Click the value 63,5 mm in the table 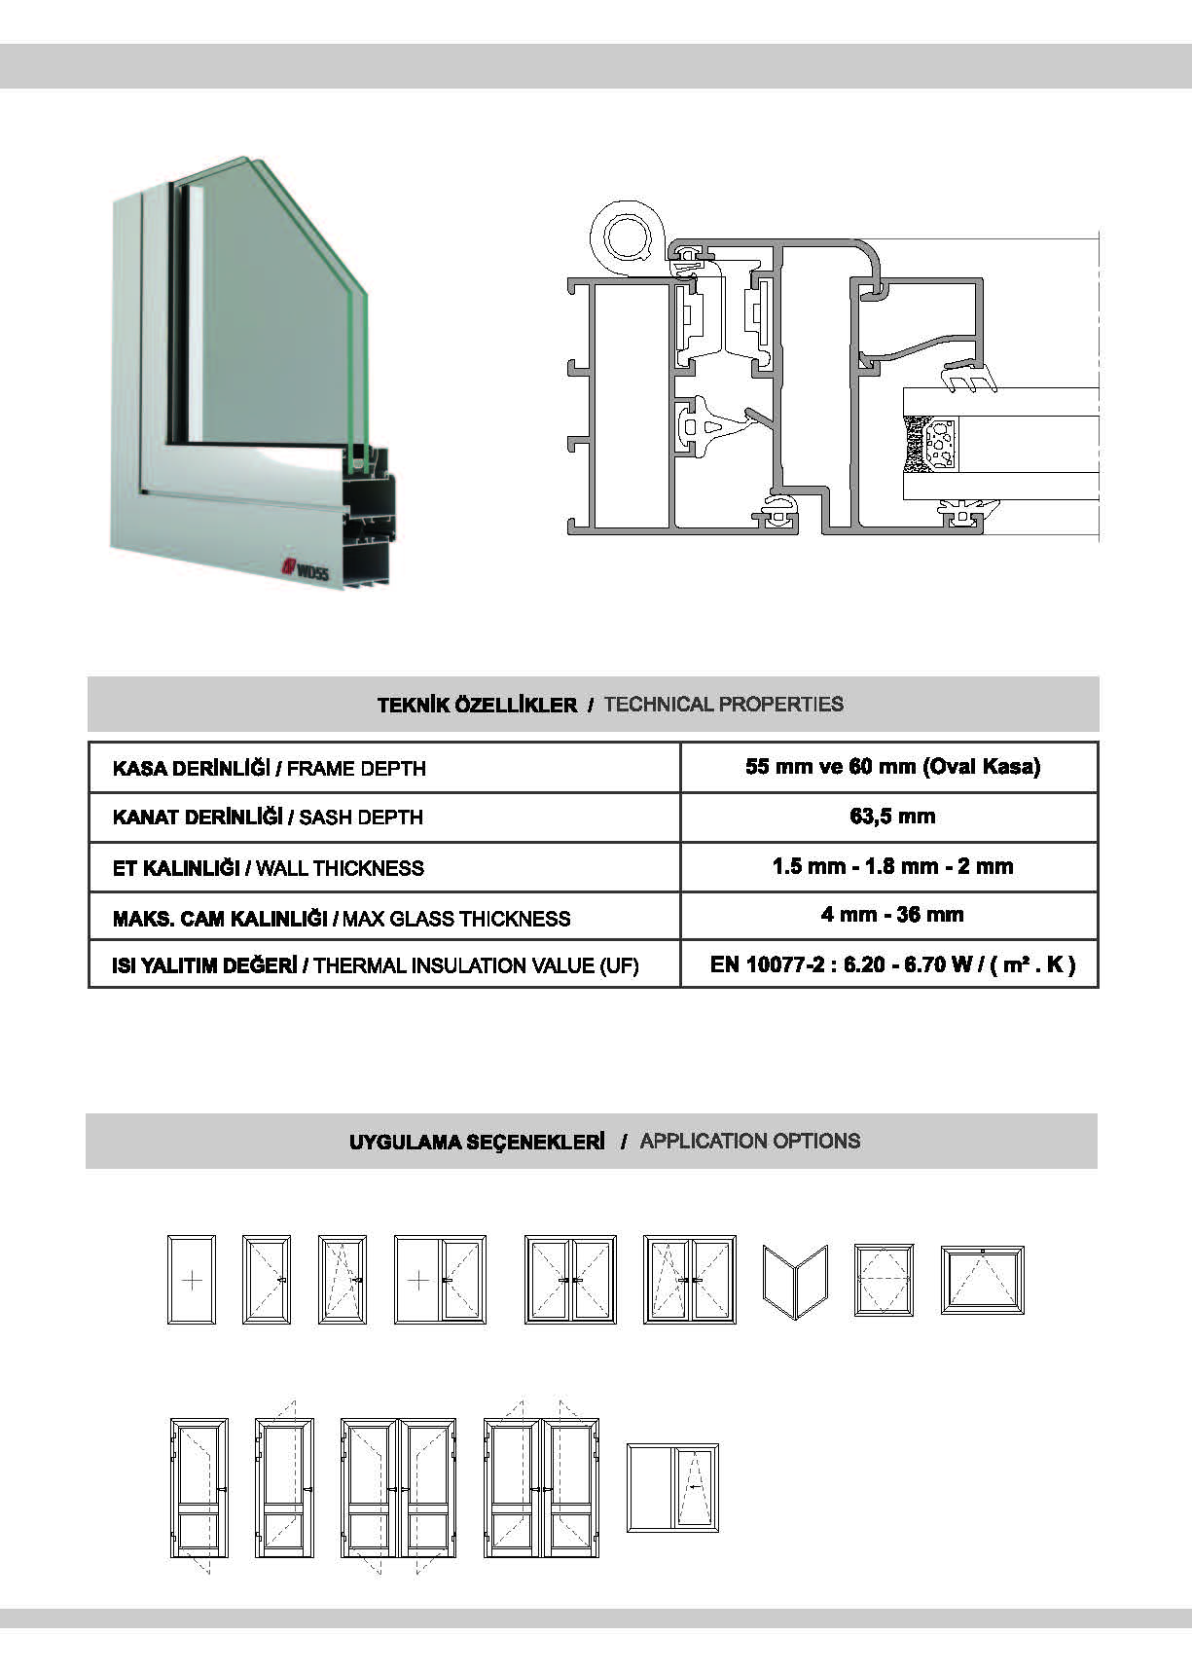891,817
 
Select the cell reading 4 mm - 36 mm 891,915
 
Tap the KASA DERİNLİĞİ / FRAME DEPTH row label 270,769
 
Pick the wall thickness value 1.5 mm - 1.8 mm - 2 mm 891,866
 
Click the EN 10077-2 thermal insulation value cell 891,965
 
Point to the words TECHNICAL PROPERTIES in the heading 723,705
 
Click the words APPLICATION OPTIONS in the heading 749,1141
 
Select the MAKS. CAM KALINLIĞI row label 342,919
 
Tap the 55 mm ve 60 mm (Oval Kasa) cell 891,767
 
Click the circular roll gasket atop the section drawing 627,236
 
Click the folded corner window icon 795,1281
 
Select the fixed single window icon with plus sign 192,1279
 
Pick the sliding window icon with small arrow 672,1488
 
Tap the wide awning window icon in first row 982,1280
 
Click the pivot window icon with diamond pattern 884,1280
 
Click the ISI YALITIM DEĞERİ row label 376,966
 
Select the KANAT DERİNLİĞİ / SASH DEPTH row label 268,818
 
